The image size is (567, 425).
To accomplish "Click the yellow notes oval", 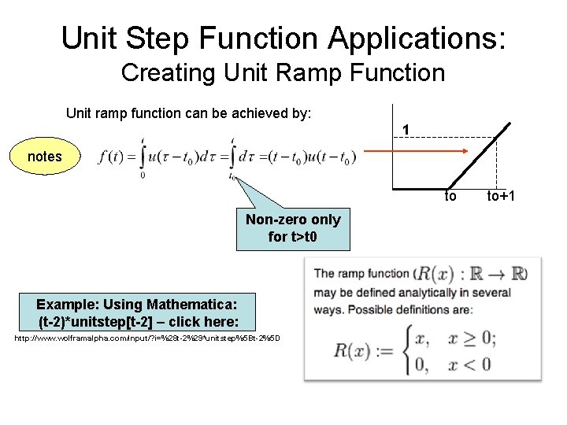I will (x=44, y=157).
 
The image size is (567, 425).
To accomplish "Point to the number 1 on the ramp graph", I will (x=405, y=130).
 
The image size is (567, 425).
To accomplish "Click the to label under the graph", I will (x=450, y=196).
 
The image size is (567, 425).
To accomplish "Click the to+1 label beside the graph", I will (x=501, y=196).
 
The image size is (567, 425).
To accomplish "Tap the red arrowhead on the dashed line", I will (x=466, y=153).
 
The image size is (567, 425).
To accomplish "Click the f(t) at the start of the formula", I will (x=112, y=157).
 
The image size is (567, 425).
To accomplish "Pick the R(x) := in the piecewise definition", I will (x=363, y=350).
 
